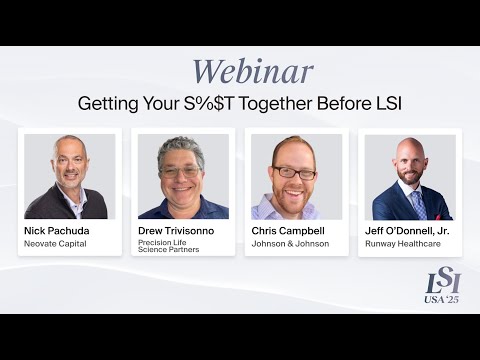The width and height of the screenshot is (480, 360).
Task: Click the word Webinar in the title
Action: (252, 72)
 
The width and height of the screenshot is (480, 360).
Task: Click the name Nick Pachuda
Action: (57, 231)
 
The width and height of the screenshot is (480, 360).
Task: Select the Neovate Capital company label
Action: (56, 243)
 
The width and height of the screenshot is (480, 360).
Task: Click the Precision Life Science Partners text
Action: (168, 246)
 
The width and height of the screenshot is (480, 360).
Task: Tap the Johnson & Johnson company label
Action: (290, 243)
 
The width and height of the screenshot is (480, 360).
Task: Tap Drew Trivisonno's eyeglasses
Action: (181, 172)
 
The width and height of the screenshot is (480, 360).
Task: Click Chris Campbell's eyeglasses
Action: (295, 172)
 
